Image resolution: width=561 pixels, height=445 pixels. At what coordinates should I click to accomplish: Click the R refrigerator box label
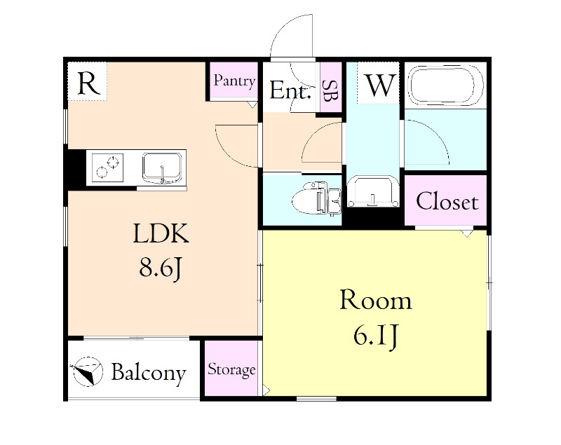tap(87, 83)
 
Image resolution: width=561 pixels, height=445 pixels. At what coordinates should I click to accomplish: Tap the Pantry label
tap(234, 81)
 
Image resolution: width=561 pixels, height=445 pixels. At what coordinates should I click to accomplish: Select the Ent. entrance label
tap(290, 90)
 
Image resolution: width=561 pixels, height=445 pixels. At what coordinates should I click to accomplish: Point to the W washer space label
tap(380, 85)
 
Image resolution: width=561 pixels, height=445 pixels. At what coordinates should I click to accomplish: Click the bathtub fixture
tap(447, 85)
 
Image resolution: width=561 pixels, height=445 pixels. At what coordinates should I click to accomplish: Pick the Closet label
tap(447, 203)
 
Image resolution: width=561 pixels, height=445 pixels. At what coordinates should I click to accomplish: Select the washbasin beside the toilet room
tap(373, 191)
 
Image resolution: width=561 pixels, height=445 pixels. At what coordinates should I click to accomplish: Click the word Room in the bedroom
tap(375, 301)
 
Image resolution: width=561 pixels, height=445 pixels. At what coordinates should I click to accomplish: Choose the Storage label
tap(231, 369)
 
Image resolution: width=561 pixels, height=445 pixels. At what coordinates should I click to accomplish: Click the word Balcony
tap(148, 373)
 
